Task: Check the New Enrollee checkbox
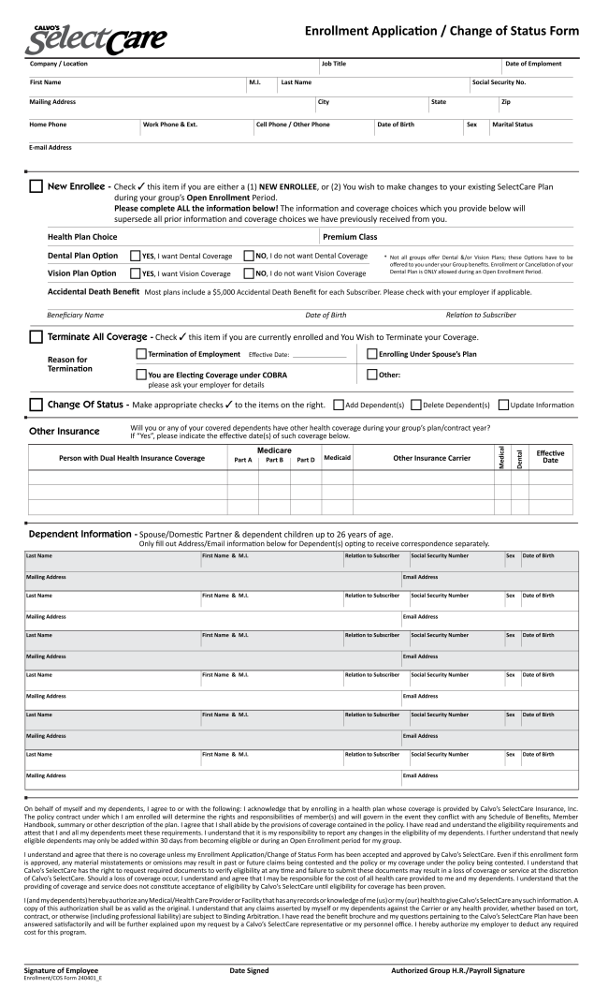pos(36,186)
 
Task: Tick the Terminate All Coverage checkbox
pos(36,336)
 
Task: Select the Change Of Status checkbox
pos(36,405)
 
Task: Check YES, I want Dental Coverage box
pos(136,256)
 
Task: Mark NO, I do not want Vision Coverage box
pos(248,273)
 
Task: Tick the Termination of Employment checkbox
pos(141,354)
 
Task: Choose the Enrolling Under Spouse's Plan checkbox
pos(371,354)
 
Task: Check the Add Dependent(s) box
pos(339,405)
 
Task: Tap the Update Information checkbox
pos(504,405)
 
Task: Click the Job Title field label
pos(334,64)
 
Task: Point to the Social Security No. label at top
pos(499,82)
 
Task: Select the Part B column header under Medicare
pos(274,460)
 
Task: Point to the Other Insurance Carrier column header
pos(431,457)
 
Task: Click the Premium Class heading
pos(350,237)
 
